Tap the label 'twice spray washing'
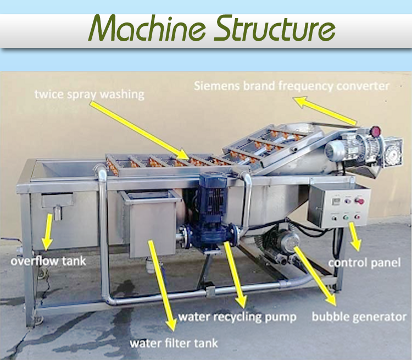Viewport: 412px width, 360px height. pyautogui.click(x=89, y=94)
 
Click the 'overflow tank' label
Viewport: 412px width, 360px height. pyautogui.click(x=48, y=261)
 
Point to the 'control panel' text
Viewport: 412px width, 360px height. pyautogui.click(x=364, y=263)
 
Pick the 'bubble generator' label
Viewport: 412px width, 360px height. pyautogui.click(x=359, y=317)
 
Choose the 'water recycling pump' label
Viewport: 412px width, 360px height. pyautogui.click(x=237, y=317)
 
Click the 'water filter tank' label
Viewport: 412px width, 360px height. pyautogui.click(x=174, y=344)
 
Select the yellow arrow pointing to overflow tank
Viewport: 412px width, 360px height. pyautogui.click(x=48, y=231)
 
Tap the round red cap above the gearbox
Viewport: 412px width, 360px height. pyautogui.click(x=375, y=132)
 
